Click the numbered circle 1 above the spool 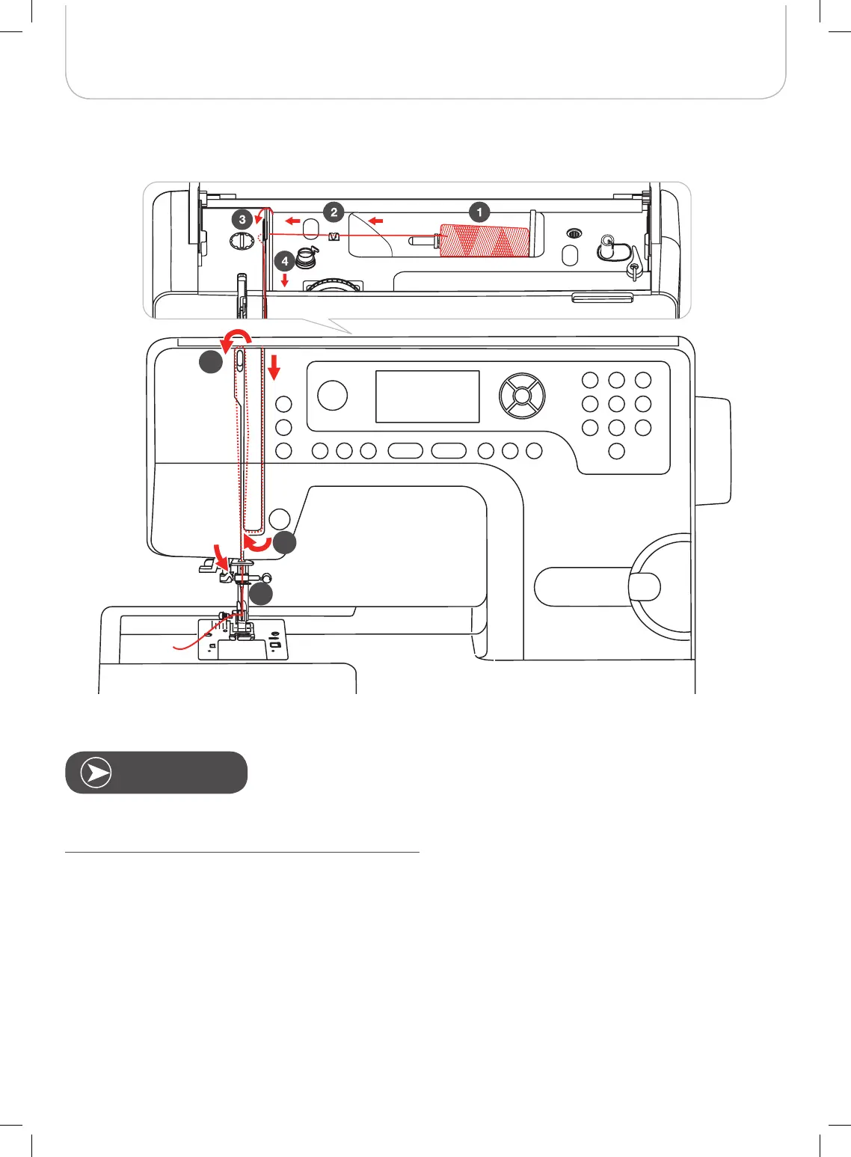pyautogui.click(x=479, y=212)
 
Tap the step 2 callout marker pyautogui.click(x=334, y=212)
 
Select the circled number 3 pyautogui.click(x=242, y=220)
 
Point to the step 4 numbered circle pyautogui.click(x=285, y=263)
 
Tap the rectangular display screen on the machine pyautogui.click(x=427, y=396)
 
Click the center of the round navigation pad pyautogui.click(x=522, y=395)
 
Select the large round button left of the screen pyautogui.click(x=332, y=395)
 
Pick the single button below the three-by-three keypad pyautogui.click(x=617, y=451)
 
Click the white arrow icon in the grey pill pyautogui.click(x=96, y=773)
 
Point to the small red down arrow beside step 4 pyautogui.click(x=285, y=280)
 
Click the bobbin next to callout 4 pyautogui.click(x=306, y=259)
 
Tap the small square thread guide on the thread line pyautogui.click(x=334, y=237)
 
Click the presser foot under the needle pyautogui.click(x=242, y=630)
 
